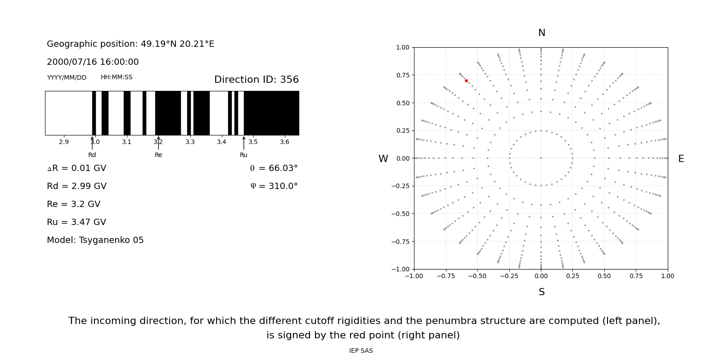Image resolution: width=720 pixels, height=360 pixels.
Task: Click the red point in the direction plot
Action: tap(466, 81)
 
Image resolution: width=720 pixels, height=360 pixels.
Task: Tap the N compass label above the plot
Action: tap(541, 33)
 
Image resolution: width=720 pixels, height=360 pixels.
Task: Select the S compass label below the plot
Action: tap(541, 292)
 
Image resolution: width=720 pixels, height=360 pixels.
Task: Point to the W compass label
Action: tap(383, 159)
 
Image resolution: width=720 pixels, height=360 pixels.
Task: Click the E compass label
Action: tap(681, 159)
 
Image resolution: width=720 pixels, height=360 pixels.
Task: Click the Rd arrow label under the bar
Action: tap(92, 155)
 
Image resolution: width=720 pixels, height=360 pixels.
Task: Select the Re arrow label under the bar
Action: tap(158, 155)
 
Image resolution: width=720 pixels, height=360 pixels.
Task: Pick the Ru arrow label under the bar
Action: tap(243, 155)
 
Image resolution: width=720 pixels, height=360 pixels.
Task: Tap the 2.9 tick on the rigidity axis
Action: tap(64, 142)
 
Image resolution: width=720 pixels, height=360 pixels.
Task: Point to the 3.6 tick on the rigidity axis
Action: tap(284, 142)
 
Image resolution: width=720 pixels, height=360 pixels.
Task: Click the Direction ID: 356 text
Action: tap(256, 80)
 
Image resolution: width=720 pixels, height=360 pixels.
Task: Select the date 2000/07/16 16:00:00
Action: tap(93, 62)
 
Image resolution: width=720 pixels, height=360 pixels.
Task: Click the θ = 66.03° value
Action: tap(274, 168)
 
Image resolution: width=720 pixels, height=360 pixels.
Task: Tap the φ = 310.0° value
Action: tap(274, 186)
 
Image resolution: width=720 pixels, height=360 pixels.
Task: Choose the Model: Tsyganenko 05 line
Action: tap(95, 240)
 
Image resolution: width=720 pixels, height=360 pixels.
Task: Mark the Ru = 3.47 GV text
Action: tap(76, 222)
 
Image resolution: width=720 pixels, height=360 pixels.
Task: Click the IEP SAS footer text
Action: tap(361, 351)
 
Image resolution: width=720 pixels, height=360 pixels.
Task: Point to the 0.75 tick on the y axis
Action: tap(402, 75)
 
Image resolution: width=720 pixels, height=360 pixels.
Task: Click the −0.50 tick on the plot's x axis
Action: tap(477, 276)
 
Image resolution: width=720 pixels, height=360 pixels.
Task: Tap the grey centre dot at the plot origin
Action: tap(541, 158)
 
